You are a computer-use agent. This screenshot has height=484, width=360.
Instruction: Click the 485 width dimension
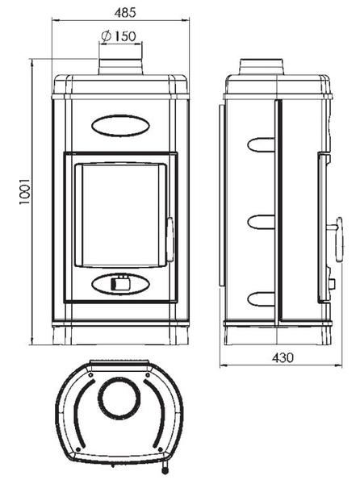pyautogui.click(x=125, y=12)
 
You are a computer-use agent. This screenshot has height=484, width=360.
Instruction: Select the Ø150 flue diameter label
pyautogui.click(x=119, y=36)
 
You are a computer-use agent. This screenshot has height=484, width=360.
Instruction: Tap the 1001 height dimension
pyautogui.click(x=24, y=190)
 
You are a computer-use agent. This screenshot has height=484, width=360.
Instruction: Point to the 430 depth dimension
pyautogui.click(x=283, y=357)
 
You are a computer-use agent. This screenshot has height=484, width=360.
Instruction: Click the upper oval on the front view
pyautogui.click(x=120, y=125)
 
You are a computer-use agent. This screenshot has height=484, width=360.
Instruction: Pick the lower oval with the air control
pyautogui.click(x=120, y=283)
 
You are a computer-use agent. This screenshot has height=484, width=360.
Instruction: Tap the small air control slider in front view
pyautogui.click(x=119, y=282)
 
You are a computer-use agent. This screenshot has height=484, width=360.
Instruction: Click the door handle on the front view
pyautogui.click(x=170, y=240)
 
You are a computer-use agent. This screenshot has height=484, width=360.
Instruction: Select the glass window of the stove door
pyautogui.click(x=121, y=215)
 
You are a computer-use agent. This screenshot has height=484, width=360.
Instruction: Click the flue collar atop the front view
pyautogui.click(x=121, y=66)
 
